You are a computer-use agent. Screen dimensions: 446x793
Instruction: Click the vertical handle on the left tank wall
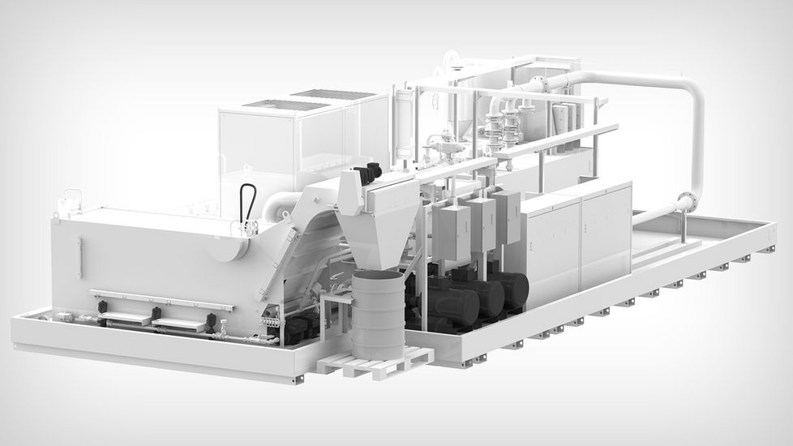(x=79, y=257)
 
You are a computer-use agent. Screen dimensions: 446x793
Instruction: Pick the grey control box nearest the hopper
(x=451, y=233)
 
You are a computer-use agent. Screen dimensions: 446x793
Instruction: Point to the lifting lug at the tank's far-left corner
(x=71, y=196)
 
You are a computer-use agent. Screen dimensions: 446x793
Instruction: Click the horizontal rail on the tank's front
(x=162, y=298)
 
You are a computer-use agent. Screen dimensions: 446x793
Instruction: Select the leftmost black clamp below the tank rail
(x=103, y=309)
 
